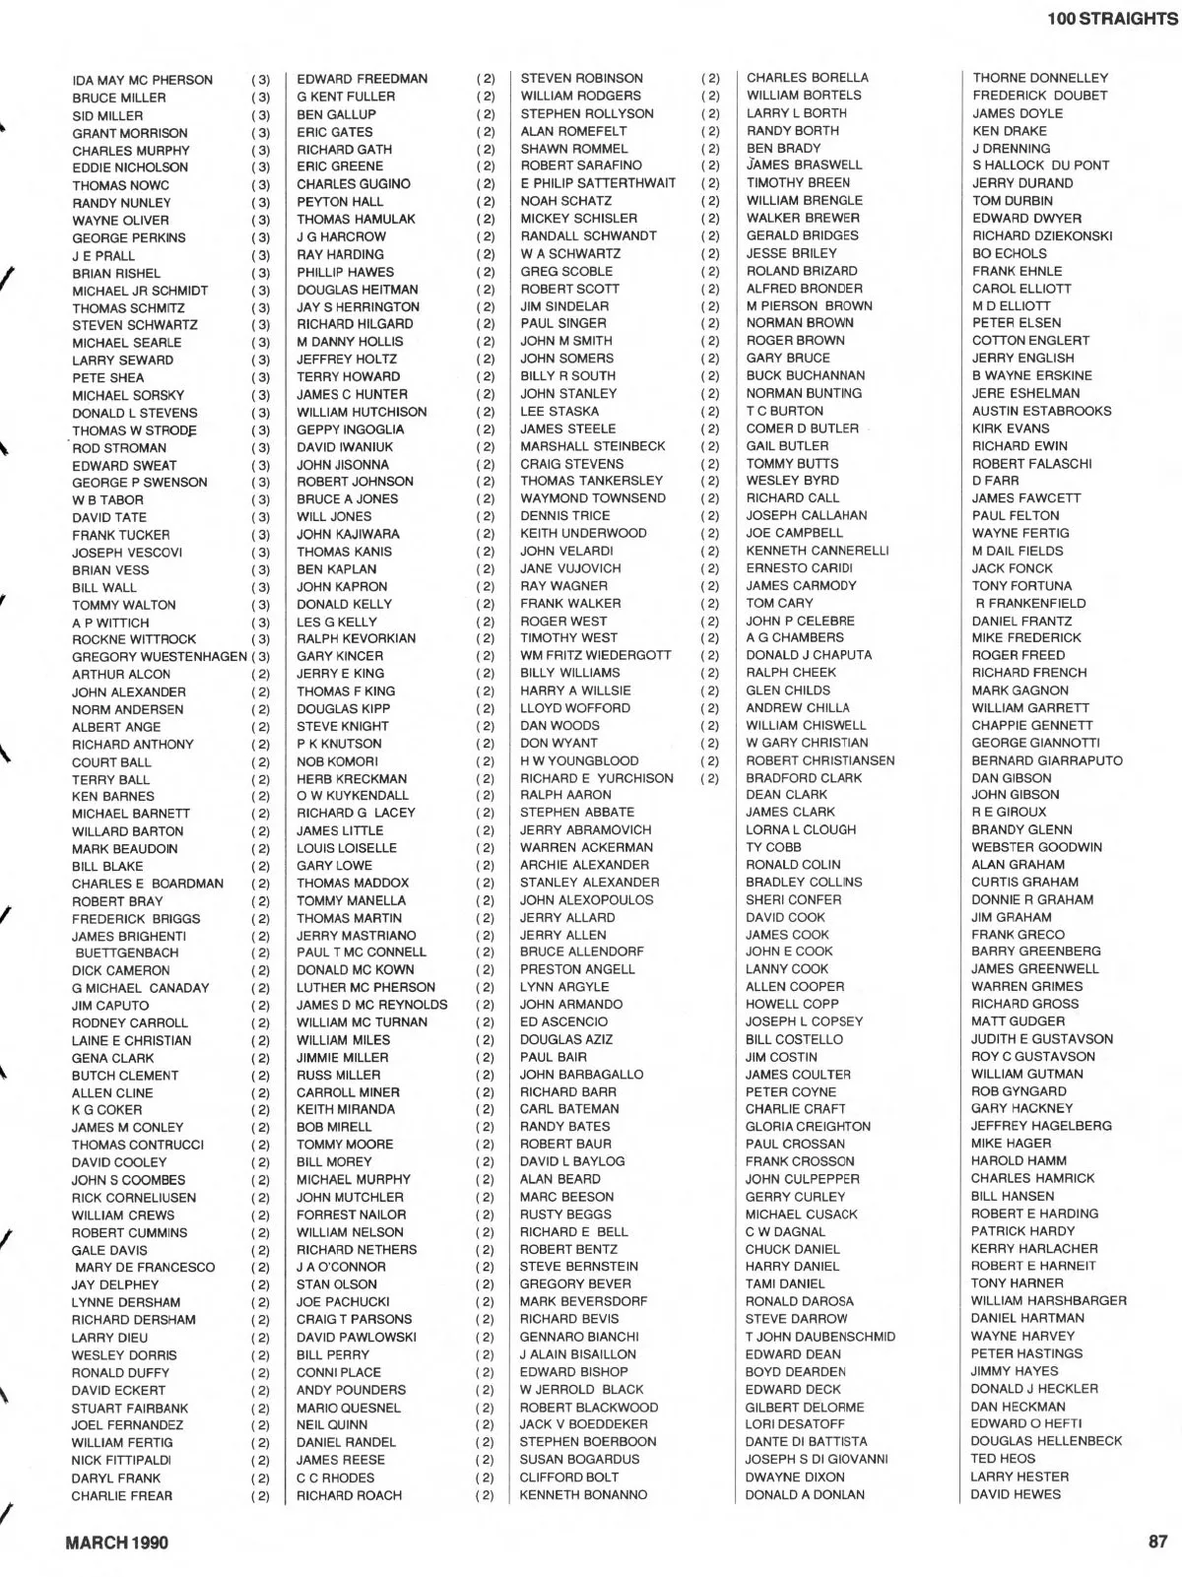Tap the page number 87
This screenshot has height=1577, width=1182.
coord(1157,1543)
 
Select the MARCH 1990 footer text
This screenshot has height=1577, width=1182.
coord(116,1543)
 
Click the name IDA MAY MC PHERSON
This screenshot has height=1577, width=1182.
coord(142,80)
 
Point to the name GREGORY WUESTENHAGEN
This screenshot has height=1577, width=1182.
coord(160,657)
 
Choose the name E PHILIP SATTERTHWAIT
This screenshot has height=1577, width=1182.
coord(598,183)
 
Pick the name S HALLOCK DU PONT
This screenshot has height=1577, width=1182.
coord(1040,165)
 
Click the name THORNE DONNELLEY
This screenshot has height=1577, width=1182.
coord(1040,78)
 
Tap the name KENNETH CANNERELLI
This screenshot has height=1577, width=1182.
coord(817,551)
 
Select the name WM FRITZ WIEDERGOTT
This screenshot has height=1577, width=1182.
coord(595,655)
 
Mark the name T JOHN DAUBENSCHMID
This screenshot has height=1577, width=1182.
coord(820,1337)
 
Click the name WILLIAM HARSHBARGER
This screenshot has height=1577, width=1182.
coord(1048,1300)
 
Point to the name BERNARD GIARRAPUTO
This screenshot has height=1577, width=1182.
coord(1046,760)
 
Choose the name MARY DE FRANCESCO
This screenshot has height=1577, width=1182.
coord(144,1268)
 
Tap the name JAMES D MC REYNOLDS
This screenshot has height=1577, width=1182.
coord(371,1005)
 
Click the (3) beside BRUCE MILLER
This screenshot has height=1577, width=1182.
coord(260,98)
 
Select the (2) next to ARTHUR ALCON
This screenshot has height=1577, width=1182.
coord(260,675)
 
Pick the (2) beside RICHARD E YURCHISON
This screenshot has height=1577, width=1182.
coord(710,778)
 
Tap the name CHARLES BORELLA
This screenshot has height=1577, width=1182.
coord(807,78)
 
